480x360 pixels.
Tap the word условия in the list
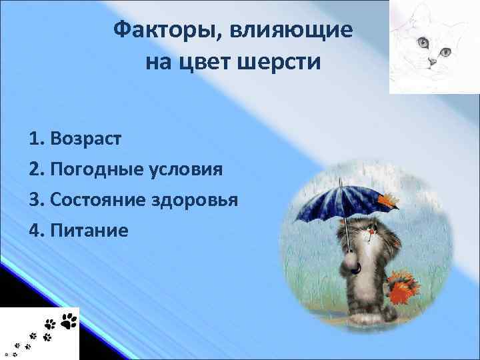[x=183, y=169]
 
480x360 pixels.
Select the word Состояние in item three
[x=98, y=200]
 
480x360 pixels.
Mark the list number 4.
[x=35, y=231]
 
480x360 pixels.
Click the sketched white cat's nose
[x=432, y=62]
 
